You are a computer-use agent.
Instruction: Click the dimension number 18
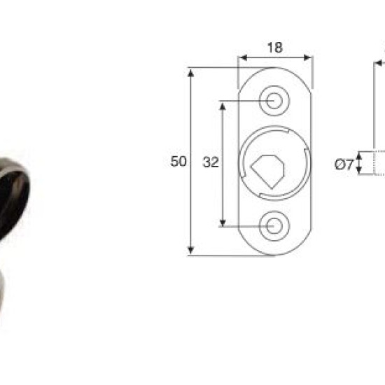coord(275,48)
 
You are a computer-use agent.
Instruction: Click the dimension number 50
coord(178,161)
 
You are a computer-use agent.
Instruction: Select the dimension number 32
coord(211,162)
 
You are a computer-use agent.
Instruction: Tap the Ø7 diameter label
coord(344,164)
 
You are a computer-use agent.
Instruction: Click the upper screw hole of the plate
coord(274,100)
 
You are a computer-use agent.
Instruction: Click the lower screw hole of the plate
coord(274,226)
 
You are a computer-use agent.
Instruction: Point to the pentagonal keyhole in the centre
coord(267,171)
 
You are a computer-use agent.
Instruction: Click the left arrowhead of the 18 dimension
coord(243,57)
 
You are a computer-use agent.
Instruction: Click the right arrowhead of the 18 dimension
coord(308,57)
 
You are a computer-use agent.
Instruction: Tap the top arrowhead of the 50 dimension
coord(191,73)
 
